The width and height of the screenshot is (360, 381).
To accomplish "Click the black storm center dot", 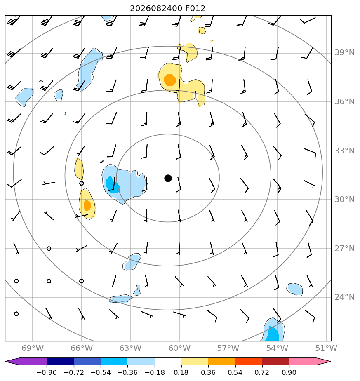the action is (x=168, y=178).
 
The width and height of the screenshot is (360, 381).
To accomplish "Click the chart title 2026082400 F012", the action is (x=167, y=9).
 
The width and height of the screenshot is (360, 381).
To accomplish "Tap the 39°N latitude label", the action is (x=344, y=53).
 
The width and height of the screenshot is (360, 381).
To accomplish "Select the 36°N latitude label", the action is (x=344, y=101).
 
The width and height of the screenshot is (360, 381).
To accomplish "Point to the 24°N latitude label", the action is (x=344, y=297).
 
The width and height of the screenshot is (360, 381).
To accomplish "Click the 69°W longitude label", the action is (x=33, y=348).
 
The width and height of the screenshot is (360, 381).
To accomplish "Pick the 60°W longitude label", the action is (x=179, y=348).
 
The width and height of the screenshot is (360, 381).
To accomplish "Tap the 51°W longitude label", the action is (x=326, y=348).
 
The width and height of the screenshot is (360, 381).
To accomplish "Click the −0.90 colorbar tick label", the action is (x=47, y=372).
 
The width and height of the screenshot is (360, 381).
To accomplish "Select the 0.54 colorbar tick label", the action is (x=235, y=372).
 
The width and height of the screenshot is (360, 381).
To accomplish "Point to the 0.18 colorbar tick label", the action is (x=181, y=372).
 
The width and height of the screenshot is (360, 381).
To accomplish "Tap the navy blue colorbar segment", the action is (x=60, y=361).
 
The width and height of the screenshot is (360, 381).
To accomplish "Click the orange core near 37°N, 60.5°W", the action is (x=169, y=80).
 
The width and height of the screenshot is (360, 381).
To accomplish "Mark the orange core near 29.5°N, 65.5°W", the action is (x=87, y=205).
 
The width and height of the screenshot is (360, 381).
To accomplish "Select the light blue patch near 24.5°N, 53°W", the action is (x=294, y=289).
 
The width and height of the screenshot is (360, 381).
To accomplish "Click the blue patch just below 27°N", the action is (x=132, y=262).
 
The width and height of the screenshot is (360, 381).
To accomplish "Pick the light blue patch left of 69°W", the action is (x=24, y=97).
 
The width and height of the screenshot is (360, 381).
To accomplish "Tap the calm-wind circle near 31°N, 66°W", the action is (x=81, y=183).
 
